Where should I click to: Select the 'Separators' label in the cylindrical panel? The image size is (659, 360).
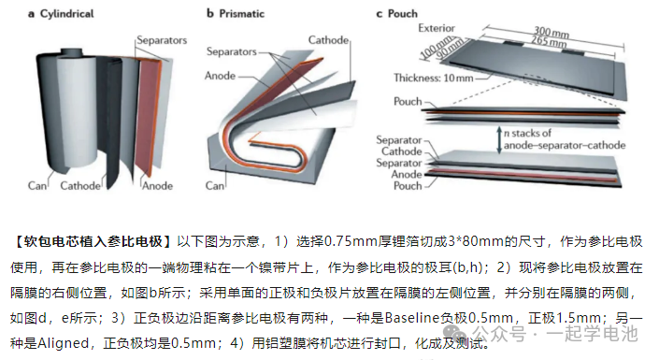162,41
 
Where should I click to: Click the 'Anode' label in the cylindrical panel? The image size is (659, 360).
157,186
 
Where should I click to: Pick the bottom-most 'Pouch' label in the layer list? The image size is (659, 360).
408,186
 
